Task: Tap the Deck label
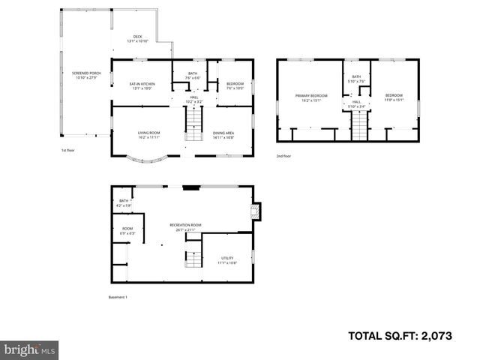[137, 38]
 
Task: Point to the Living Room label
[148, 135]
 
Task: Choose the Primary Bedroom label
[311, 97]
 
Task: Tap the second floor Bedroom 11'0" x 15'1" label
[394, 97]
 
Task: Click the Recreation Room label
[185, 226]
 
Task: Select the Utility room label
[227, 259]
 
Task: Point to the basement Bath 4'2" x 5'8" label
[124, 202]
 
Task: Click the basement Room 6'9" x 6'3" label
[127, 231]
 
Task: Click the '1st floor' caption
[68, 150]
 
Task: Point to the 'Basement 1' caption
[118, 298]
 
